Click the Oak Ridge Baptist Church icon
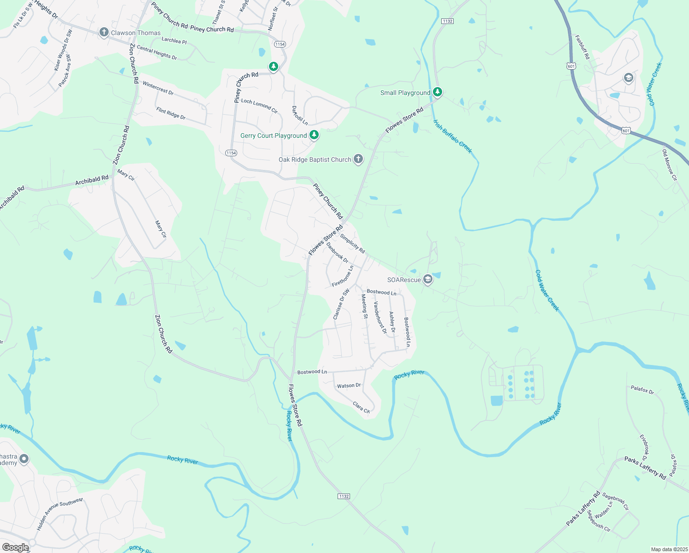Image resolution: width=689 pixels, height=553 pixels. [358, 159]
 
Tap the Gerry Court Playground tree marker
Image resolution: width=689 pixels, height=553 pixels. [314, 135]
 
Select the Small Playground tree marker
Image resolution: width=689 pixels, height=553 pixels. [438, 92]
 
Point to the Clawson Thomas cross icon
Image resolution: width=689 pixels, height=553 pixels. [104, 32]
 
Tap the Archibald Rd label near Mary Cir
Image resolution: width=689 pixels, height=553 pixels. [92, 180]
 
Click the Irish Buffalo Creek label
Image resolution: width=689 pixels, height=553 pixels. [453, 136]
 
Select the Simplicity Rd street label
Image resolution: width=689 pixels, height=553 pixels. [352, 243]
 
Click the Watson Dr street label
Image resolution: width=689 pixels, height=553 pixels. [349, 386]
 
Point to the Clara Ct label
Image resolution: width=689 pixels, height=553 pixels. [361, 407]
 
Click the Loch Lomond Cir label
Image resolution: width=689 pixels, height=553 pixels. [259, 106]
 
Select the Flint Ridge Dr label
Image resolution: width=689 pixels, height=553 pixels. [171, 113]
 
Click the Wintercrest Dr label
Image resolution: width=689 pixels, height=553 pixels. [158, 88]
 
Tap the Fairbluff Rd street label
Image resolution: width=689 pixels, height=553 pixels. [582, 47]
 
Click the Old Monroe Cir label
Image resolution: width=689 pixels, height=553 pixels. [670, 165]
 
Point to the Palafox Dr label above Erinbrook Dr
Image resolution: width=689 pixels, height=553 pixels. [642, 390]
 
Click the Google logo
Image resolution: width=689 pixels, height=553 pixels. [15, 547]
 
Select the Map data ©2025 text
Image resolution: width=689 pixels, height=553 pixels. [669, 549]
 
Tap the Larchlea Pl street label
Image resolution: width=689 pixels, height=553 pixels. [174, 41]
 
